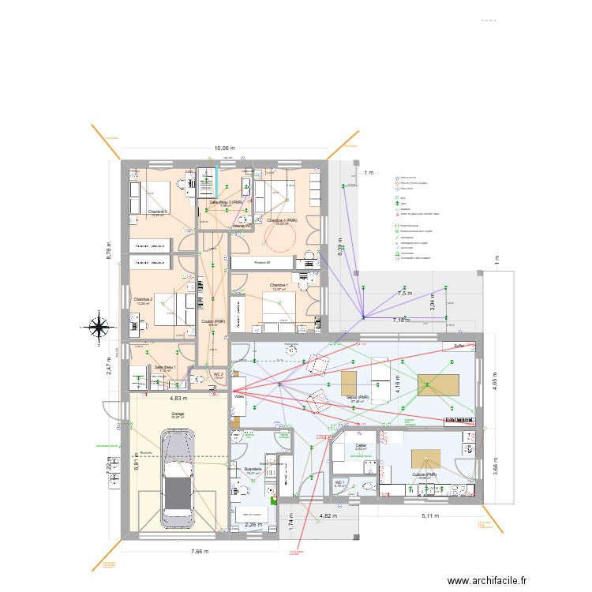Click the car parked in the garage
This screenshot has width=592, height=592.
[x=179, y=477]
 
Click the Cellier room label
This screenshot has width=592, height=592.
[x=361, y=446]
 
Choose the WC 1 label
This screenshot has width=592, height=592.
[x=340, y=481]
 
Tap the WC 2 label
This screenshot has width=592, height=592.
[x=219, y=375]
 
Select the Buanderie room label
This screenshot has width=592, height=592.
[x=253, y=470]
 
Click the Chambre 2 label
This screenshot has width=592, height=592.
[x=143, y=299]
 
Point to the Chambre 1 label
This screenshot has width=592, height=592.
[x=277, y=285]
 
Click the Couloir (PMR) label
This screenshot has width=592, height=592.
[x=213, y=321]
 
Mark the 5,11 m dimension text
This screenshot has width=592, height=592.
[x=431, y=516]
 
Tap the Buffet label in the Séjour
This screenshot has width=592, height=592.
[x=459, y=346]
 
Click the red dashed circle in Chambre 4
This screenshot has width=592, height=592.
[x=279, y=235]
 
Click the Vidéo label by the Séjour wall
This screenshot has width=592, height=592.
[x=239, y=397]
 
